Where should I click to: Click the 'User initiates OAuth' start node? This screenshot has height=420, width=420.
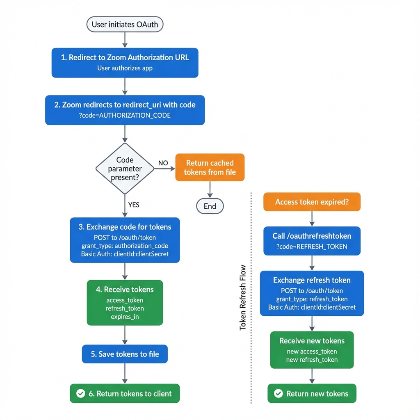[x=125, y=24]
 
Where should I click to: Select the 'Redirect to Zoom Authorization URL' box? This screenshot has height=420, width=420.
[x=125, y=62]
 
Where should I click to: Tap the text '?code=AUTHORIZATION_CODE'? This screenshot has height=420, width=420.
[x=125, y=115]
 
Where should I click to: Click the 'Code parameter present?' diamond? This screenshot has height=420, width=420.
[x=125, y=168]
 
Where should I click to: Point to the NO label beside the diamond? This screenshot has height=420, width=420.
[x=163, y=163]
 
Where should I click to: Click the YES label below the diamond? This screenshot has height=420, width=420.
[x=134, y=205]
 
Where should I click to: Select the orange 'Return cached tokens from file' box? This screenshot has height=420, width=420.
[x=210, y=167]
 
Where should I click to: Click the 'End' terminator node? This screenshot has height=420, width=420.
[x=210, y=206]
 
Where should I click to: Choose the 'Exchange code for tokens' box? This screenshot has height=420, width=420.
[x=125, y=240]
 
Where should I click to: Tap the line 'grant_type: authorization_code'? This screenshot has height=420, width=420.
[x=125, y=246]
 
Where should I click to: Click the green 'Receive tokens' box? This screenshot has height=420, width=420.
[x=125, y=303]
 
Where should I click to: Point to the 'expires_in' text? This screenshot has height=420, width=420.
[x=125, y=317]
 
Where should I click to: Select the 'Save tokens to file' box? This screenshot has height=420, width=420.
[x=125, y=354]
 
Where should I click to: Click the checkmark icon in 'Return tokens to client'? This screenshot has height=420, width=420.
[x=80, y=394]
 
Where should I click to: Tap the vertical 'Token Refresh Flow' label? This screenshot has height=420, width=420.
[x=243, y=297]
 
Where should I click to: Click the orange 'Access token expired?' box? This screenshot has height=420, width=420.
[x=312, y=202]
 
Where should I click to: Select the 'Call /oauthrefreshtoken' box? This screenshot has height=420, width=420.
[x=312, y=241]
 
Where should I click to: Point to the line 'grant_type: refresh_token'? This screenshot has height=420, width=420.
[x=312, y=299]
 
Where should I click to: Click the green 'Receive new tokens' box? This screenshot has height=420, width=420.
[x=312, y=349]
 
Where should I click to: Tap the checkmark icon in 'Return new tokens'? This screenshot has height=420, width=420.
[x=278, y=394]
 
